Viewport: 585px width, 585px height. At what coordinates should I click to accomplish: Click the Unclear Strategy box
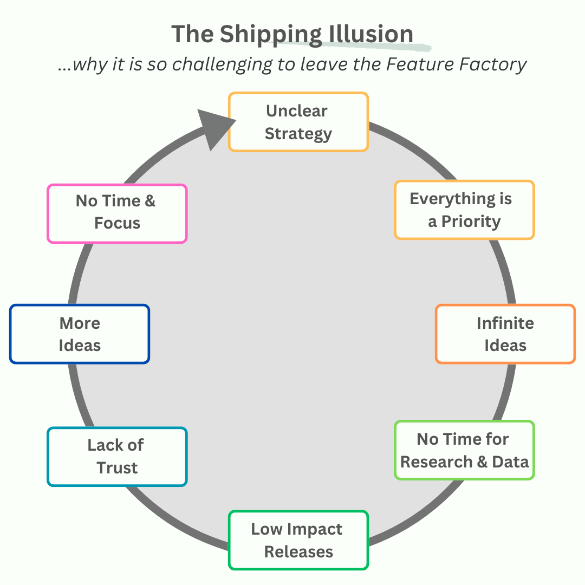pyautogui.click(x=298, y=122)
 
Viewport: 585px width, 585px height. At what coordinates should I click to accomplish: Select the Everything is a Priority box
pyautogui.click(x=464, y=210)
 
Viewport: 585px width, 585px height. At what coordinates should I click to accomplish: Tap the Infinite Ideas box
pyautogui.click(x=505, y=334)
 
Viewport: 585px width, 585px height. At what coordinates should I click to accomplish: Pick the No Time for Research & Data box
pyautogui.click(x=464, y=450)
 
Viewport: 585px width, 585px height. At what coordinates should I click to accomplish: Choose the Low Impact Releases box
pyautogui.click(x=298, y=540)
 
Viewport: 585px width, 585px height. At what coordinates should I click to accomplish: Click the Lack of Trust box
pyautogui.click(x=117, y=457)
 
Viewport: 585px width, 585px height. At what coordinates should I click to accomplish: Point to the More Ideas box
pyautogui.click(x=80, y=334)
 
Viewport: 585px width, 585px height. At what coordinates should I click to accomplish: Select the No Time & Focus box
pyautogui.click(x=117, y=212)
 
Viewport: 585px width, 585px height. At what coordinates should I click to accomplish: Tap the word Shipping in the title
pyautogui.click(x=271, y=34)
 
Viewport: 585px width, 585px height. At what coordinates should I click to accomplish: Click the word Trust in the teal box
pyautogui.click(x=117, y=468)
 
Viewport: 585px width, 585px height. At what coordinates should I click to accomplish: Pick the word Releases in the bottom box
pyautogui.click(x=298, y=552)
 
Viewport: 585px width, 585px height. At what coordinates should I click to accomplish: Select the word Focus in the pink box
pyautogui.click(x=117, y=223)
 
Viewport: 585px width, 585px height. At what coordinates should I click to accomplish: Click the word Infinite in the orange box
pyautogui.click(x=505, y=323)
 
